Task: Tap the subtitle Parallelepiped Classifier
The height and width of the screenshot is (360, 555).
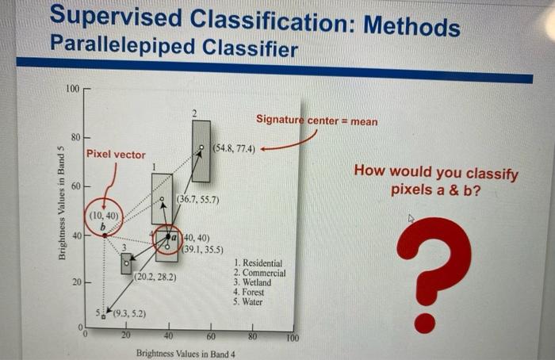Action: pyautogui.click(x=174, y=49)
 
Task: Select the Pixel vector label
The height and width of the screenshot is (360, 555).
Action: pyautogui.click(x=116, y=154)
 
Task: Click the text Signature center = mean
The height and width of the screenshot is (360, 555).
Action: pyautogui.click(x=316, y=121)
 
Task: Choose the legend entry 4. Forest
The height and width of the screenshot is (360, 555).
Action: pyautogui.click(x=253, y=293)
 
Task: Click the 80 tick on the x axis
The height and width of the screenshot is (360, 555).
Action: pyautogui.click(x=252, y=336)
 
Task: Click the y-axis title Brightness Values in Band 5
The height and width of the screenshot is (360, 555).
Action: pyautogui.click(x=61, y=203)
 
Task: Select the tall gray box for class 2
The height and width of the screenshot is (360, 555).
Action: pyautogui.click(x=201, y=151)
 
